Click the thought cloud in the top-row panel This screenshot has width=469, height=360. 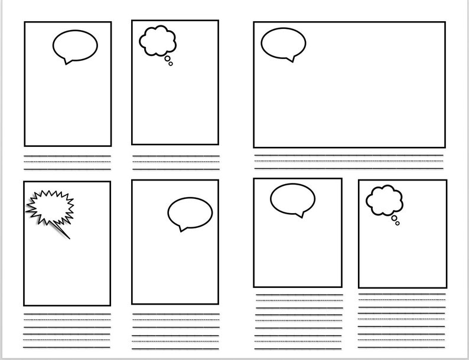coord(158,40)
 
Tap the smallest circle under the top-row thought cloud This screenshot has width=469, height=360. coord(171,64)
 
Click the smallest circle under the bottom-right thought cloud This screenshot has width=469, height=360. coord(398,223)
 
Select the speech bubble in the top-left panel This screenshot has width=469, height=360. coord(75,45)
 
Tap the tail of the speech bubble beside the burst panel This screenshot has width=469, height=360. coord(181,229)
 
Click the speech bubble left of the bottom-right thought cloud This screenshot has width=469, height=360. coord(292,198)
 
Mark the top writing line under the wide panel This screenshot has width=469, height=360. coord(349,155)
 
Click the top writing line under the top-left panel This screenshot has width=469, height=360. coord(67,156)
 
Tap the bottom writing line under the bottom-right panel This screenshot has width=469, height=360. coord(402,348)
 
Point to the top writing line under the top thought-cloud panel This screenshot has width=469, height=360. coord(175,156)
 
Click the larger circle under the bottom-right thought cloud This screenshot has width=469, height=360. coord(394,218)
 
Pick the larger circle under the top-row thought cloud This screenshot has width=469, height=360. coord(167,58)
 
